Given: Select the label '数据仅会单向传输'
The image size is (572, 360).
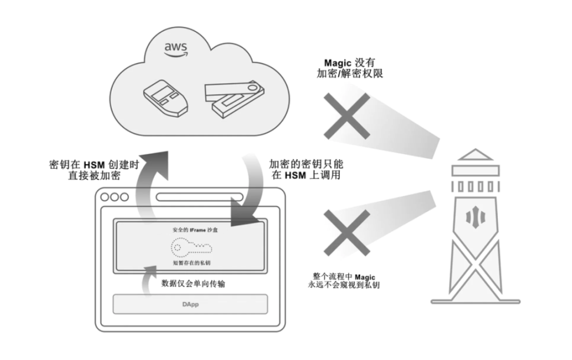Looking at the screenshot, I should click(192, 283).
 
